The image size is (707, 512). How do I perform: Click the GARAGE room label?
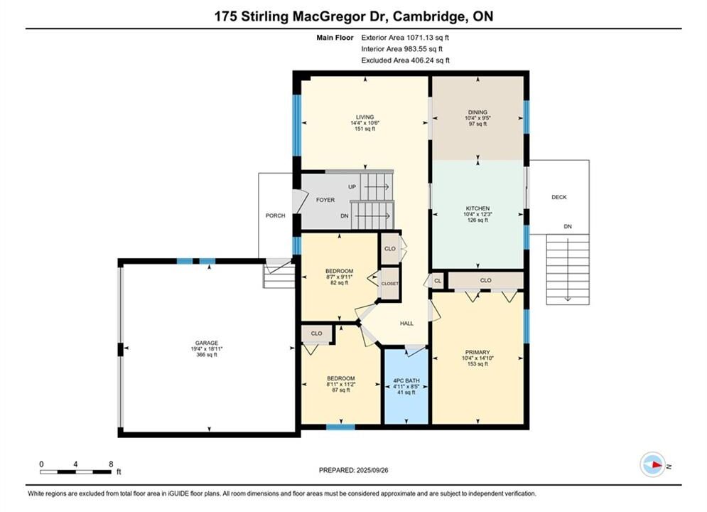207,343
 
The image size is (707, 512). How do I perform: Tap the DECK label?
559,197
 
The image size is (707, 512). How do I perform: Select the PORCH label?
275,215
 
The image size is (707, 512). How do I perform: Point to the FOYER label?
325,200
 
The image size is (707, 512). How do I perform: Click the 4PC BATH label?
406,380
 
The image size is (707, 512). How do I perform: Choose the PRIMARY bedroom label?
477,352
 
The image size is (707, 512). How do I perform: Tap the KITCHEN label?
477,208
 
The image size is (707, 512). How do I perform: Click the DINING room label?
477,112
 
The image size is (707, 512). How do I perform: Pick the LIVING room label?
365,117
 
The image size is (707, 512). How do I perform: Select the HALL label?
406,324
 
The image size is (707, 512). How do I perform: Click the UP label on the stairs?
352,187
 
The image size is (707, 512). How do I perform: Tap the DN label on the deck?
568,226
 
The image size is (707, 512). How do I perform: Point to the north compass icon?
653,464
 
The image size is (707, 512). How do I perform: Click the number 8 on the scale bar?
111,464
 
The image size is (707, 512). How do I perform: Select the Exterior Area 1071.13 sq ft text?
405,38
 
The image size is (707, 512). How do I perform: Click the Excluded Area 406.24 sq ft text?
405,60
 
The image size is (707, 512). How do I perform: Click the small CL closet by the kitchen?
438,281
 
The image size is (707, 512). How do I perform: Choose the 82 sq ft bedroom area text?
340,283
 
